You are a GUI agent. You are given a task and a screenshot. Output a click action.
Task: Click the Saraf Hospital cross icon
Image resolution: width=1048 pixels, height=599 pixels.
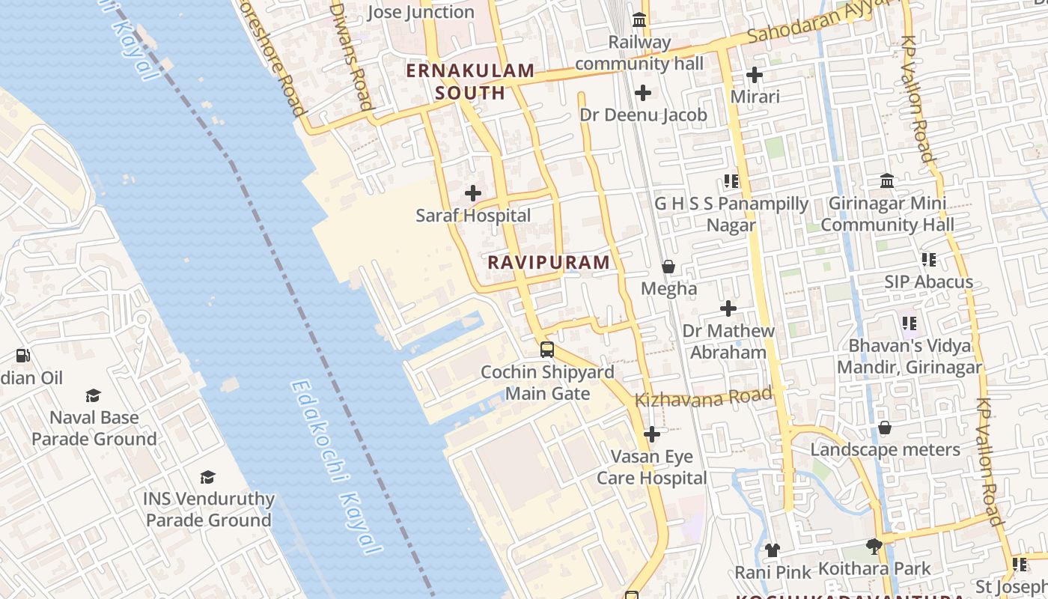473,193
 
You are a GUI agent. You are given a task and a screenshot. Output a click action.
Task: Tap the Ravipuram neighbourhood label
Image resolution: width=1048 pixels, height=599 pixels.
549,262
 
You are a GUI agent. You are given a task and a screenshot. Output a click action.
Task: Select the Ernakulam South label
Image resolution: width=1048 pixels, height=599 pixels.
470,82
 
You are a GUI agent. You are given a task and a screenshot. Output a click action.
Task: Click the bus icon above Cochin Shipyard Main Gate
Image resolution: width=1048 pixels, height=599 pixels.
547,350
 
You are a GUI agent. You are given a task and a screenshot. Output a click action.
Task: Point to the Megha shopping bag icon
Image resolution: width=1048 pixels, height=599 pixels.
668,267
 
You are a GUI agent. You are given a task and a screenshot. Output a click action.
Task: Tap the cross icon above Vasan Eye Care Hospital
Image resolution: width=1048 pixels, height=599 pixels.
652,434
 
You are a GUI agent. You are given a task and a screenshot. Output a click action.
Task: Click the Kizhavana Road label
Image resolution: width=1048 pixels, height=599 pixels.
703,397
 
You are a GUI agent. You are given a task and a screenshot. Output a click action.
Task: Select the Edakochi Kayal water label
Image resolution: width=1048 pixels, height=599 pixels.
335,468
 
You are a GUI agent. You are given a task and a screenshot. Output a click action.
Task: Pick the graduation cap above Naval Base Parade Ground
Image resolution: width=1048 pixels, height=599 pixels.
94,395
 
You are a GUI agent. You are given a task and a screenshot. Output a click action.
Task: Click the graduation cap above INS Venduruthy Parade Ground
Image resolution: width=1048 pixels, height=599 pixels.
208,477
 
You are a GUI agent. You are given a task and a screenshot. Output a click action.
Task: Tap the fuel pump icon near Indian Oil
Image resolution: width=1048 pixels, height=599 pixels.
23,356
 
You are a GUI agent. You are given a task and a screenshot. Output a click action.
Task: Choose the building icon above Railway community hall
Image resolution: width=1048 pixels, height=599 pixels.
639,20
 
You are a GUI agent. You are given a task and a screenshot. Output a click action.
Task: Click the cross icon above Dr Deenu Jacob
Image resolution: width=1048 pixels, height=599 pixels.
643,93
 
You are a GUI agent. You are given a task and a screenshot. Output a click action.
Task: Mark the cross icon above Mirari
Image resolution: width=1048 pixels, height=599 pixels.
755,75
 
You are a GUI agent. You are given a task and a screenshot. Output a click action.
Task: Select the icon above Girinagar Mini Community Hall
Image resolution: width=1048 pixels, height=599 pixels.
887,180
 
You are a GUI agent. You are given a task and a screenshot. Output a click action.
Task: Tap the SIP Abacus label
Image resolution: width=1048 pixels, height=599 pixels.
928,282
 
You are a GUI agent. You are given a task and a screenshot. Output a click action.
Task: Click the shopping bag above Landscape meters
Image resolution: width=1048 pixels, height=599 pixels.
885,428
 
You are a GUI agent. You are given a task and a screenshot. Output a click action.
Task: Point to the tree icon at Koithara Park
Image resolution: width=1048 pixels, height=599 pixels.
874,547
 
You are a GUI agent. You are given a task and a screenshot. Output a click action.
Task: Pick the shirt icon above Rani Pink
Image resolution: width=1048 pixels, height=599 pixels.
773,550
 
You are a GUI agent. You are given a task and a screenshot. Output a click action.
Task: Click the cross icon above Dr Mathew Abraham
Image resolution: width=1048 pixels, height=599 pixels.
728,308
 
